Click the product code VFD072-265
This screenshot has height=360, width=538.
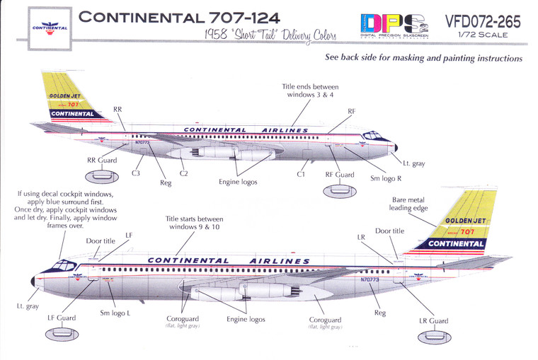pos(482,22)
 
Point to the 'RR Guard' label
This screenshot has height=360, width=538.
pos(102,161)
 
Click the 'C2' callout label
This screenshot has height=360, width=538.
pos(184,173)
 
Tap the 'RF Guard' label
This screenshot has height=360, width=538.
pos(339,174)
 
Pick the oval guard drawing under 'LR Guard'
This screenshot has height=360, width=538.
pos(433,338)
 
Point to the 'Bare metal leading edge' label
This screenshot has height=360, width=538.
pos(410,204)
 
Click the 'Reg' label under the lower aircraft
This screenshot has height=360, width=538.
pos(380,312)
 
